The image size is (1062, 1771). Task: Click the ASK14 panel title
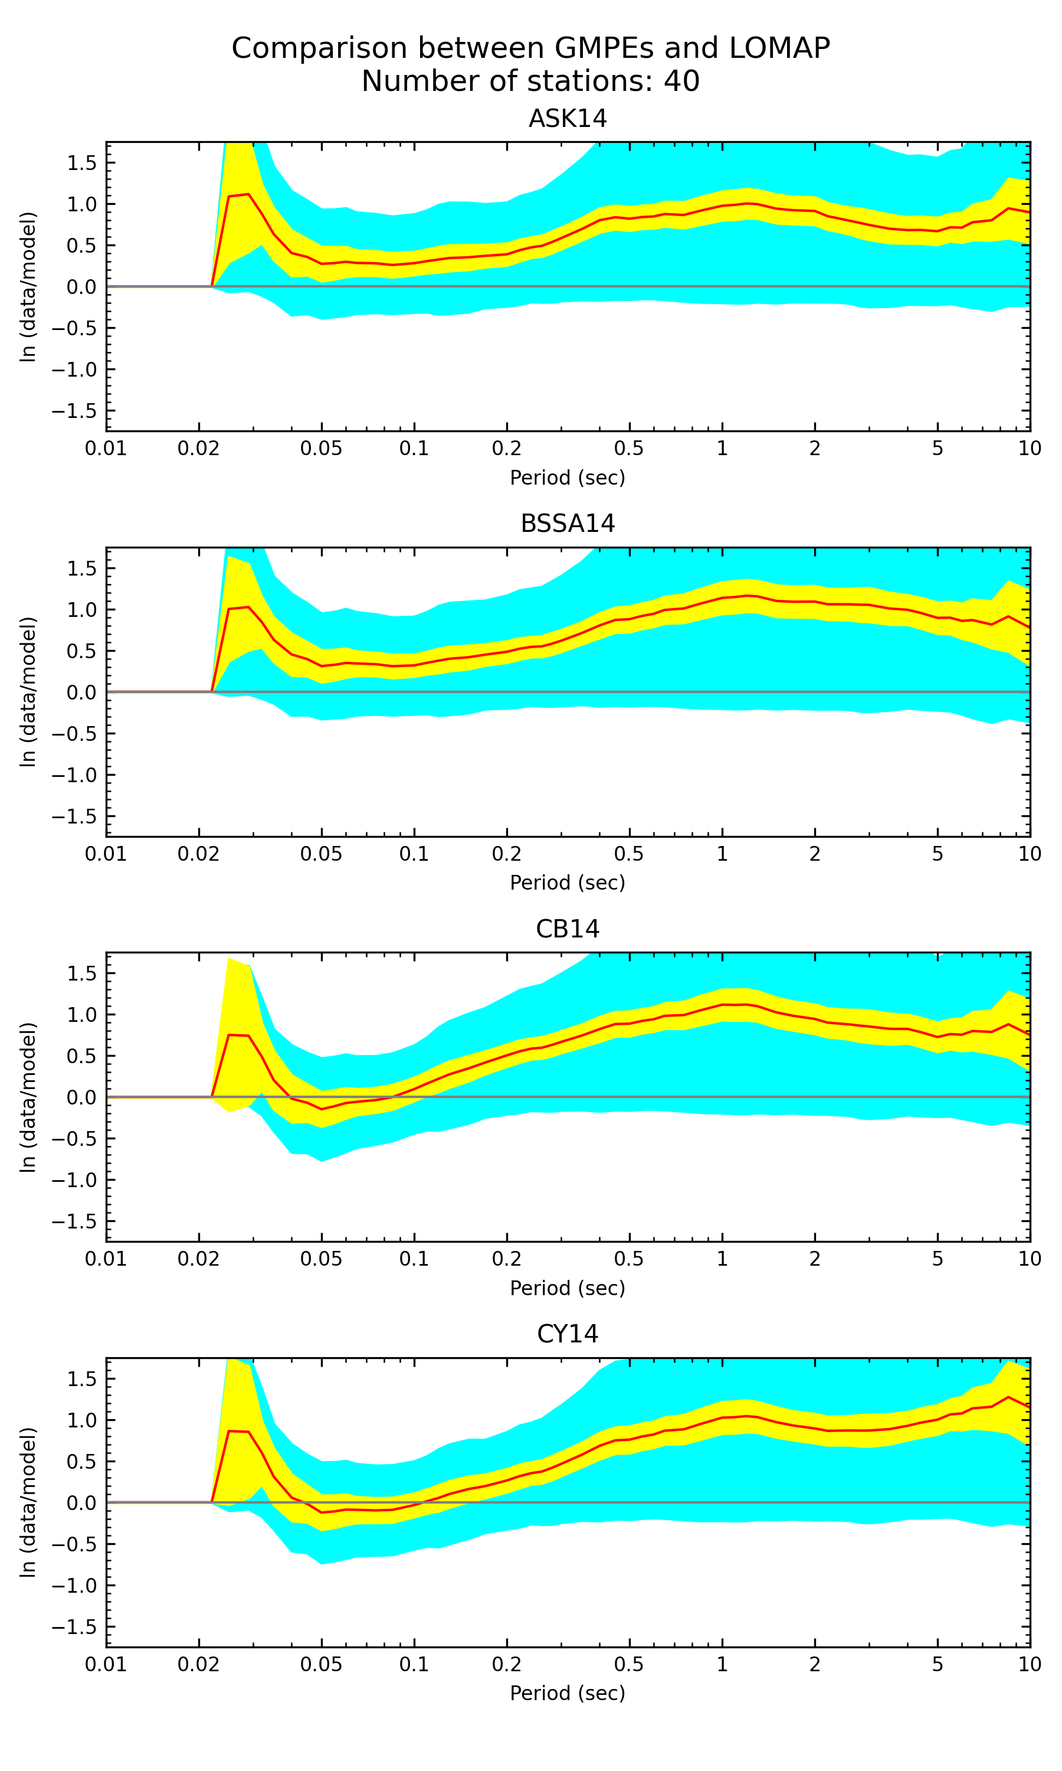pyautogui.click(x=568, y=118)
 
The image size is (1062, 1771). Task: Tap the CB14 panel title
pyautogui.click(x=568, y=929)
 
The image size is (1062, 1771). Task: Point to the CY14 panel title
pyautogui.click(x=568, y=1334)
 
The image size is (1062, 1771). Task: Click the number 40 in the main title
pyautogui.click(x=681, y=81)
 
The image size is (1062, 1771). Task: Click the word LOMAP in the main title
pyautogui.click(x=779, y=48)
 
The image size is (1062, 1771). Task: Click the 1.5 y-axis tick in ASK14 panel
pyautogui.click(x=81, y=163)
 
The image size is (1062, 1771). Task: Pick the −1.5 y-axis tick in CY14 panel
pyautogui.click(x=74, y=1627)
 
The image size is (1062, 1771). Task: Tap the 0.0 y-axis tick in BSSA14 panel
pyautogui.click(x=81, y=692)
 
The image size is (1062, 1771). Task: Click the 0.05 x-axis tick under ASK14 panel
pyautogui.click(x=322, y=449)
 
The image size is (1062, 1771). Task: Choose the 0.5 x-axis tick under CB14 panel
pyautogui.click(x=629, y=1259)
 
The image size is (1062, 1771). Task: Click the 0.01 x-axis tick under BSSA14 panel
pyautogui.click(x=106, y=854)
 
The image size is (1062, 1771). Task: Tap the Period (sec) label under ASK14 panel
pyautogui.click(x=568, y=478)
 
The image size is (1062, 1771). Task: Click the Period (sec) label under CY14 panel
pyautogui.click(x=568, y=1693)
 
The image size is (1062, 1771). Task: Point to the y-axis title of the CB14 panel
pyautogui.click(x=28, y=1097)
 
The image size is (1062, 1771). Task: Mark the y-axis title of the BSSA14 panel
pyautogui.click(x=28, y=692)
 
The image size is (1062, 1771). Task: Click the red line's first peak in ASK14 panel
pyautogui.click(x=248, y=194)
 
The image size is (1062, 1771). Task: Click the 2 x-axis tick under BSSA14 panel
pyautogui.click(x=814, y=854)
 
